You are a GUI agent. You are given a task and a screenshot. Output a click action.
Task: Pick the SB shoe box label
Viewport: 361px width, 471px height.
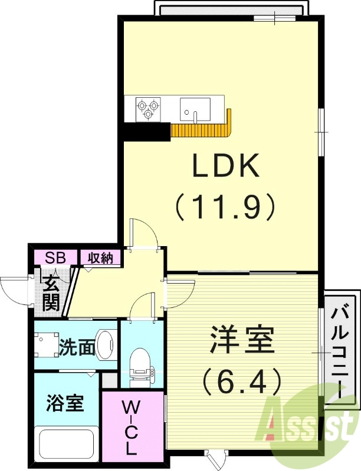coord(55,257)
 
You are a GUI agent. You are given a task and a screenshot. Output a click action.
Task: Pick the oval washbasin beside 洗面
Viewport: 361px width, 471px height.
coord(105,344)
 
